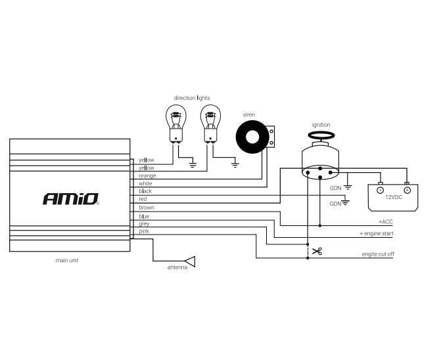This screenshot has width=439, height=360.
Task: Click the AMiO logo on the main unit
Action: tap(70, 198)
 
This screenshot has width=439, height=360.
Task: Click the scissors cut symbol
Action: tap(317, 251)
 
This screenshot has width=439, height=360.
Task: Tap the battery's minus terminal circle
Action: tap(381, 190)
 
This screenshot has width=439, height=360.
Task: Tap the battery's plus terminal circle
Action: tap(407, 190)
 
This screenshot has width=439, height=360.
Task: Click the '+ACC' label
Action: tap(386, 222)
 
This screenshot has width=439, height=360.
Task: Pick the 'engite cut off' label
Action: tap(378, 254)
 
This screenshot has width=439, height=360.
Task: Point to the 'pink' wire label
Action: tap(144, 231)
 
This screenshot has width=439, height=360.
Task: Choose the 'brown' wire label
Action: tap(147, 208)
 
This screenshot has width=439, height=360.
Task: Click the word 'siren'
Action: tap(249, 115)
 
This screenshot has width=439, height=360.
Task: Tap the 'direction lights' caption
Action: tap(192, 98)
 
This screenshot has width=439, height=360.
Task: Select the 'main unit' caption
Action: tap(68, 261)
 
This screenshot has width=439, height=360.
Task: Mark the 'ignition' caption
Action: tap(321, 125)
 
